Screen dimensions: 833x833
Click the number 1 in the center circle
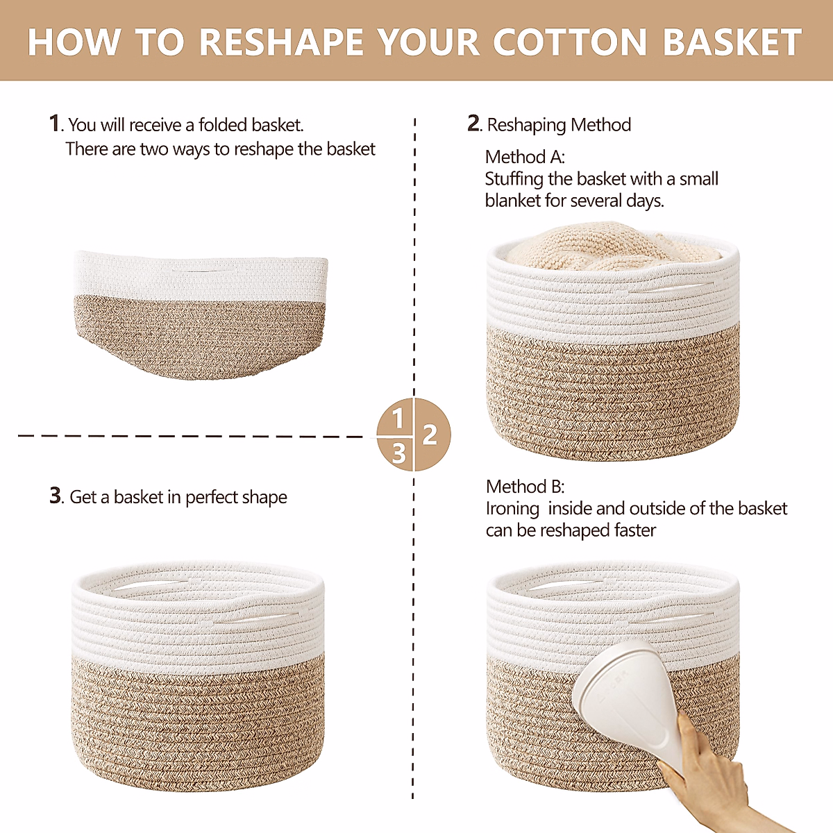(x=397, y=419)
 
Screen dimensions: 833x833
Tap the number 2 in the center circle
(x=430, y=435)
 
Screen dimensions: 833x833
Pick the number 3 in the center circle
(x=398, y=453)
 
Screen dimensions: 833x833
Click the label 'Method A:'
(x=525, y=157)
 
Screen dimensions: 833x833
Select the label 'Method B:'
(x=525, y=487)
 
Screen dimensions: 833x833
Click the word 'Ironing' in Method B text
(x=512, y=509)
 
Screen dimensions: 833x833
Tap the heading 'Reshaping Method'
(x=559, y=125)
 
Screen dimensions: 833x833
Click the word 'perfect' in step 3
(x=212, y=497)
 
